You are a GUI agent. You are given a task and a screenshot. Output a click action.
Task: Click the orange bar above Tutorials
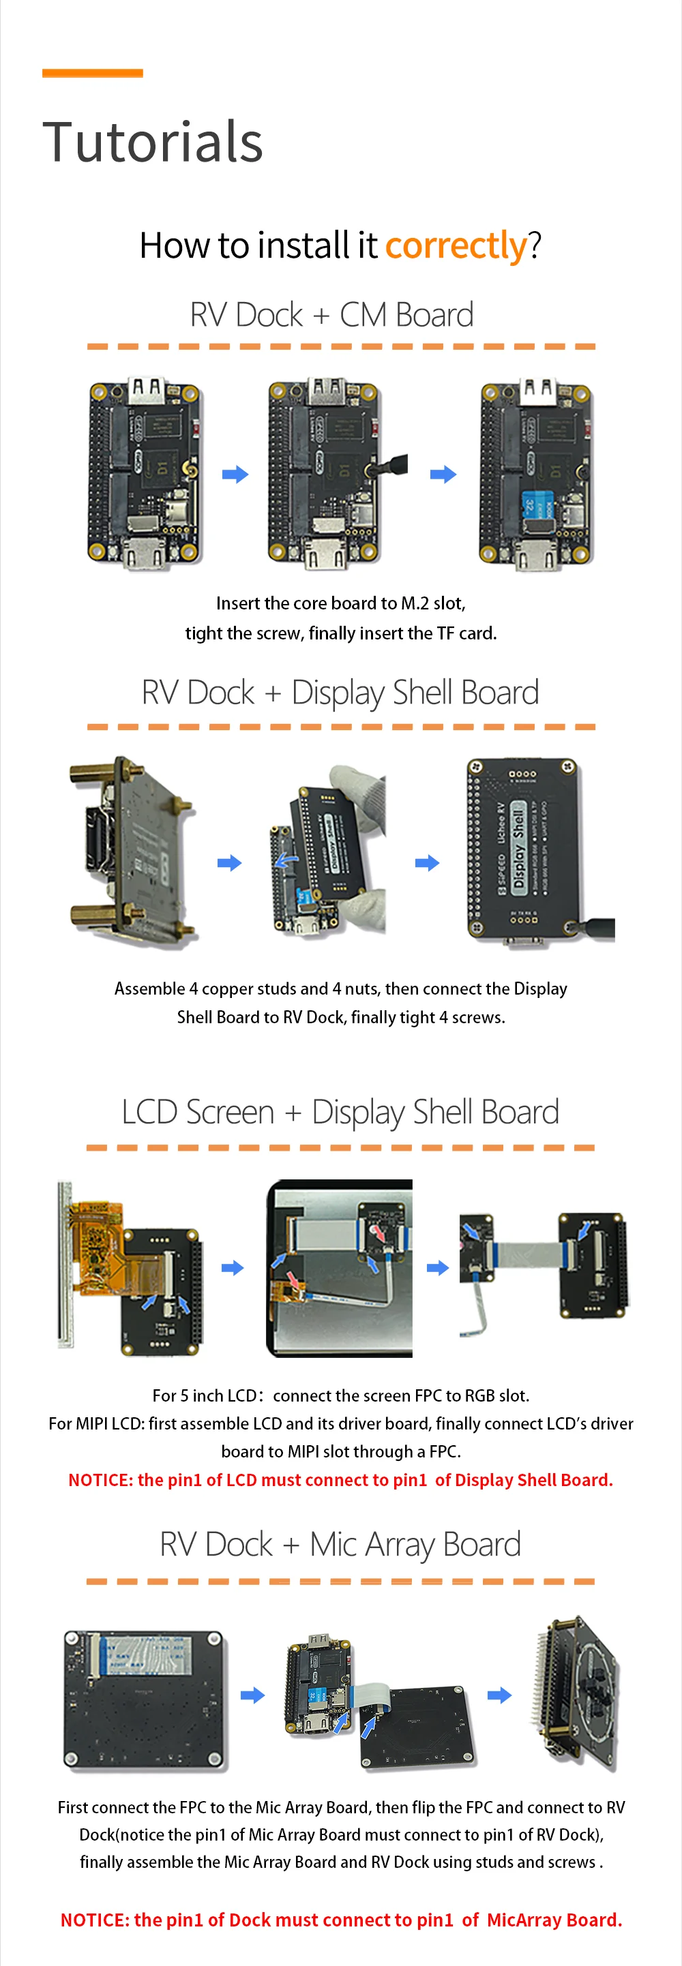[92, 73]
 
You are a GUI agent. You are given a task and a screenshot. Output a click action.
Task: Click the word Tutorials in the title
[153, 142]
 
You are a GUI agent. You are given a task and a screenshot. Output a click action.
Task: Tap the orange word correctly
[456, 245]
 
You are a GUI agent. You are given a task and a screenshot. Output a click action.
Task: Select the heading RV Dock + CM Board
[331, 315]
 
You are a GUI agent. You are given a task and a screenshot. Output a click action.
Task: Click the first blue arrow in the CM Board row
[235, 474]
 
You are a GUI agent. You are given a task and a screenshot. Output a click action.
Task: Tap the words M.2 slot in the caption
[433, 604]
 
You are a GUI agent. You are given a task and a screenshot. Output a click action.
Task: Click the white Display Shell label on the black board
[518, 847]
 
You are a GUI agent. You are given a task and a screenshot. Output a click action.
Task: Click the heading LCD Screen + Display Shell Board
[340, 1112]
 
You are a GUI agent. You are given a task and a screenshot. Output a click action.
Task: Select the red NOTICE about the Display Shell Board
[340, 1481]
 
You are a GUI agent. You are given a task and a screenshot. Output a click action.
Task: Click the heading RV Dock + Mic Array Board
[340, 1545]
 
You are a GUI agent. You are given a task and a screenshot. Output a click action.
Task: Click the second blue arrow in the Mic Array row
[499, 1696]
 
